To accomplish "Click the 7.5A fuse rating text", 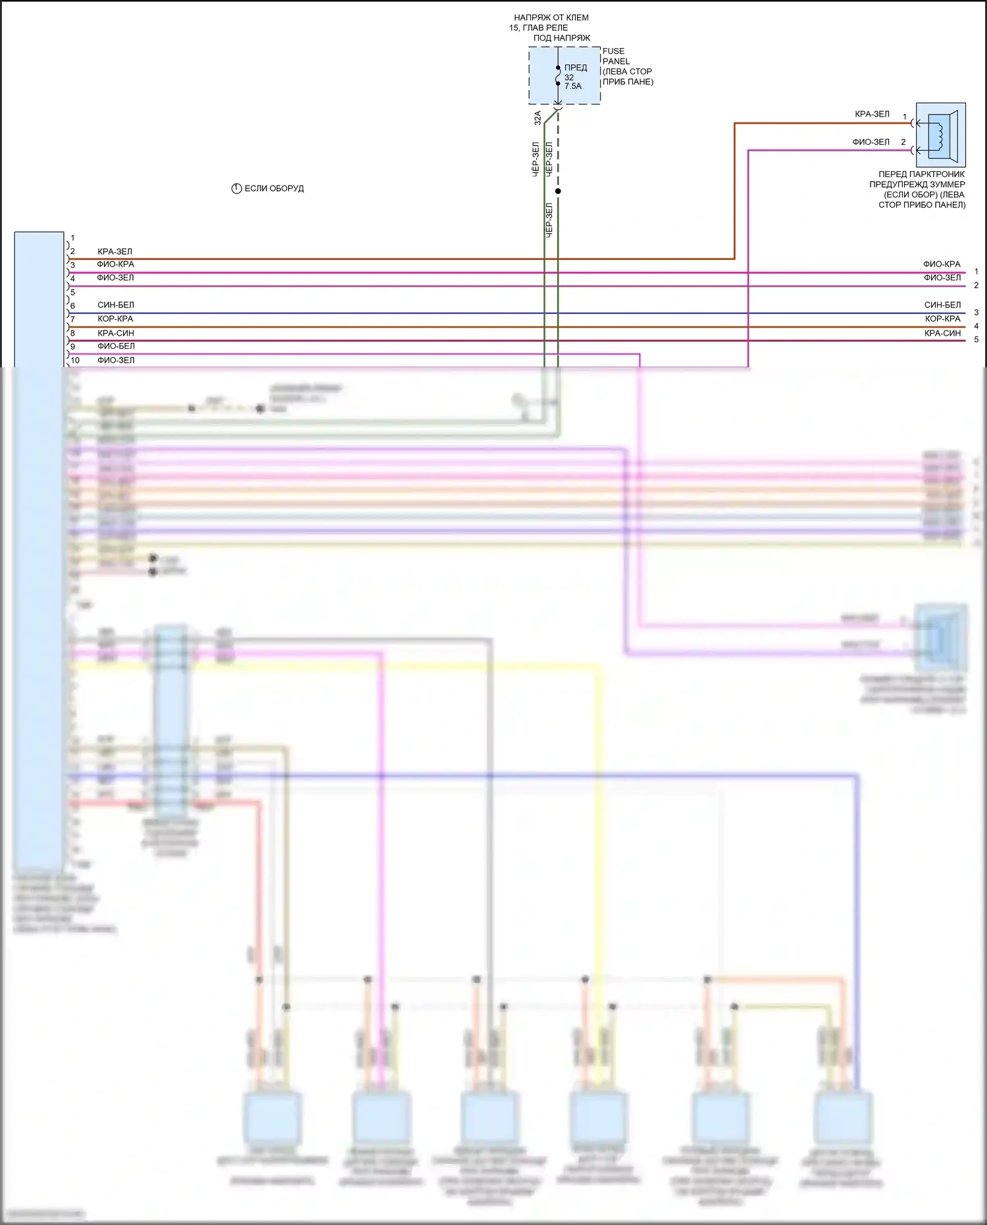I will coord(572,86).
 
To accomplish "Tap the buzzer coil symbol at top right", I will coord(940,135).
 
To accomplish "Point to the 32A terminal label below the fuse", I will coord(538,118).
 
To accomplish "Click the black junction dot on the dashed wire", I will coord(558,192).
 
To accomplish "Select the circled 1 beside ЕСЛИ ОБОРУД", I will coord(237,188).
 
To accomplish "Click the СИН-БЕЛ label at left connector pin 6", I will coord(116,305).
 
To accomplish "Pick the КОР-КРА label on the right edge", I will coord(942,319).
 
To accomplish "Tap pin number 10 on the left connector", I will coord(75,360).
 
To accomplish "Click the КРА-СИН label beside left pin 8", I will coord(116,333).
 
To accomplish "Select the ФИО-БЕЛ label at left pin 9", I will coord(116,346).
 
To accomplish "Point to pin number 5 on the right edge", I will coord(976,340).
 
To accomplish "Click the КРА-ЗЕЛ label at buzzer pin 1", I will coord(872,115).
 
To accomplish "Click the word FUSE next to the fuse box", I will coord(613,51).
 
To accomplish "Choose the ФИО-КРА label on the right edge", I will coord(942,264).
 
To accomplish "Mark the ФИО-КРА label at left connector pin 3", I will coord(115,264).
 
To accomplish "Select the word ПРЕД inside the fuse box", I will coord(575,68).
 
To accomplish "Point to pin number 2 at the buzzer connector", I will coord(903,142).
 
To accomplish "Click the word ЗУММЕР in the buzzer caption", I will coord(947,184).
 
